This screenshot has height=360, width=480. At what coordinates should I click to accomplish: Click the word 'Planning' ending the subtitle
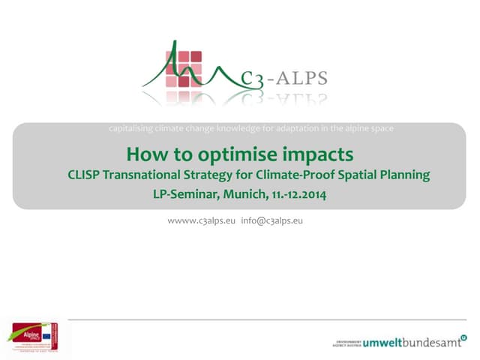coord(405,175)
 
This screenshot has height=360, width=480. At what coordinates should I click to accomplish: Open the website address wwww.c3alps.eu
coord(202,221)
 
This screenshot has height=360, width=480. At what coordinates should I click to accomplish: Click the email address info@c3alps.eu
coord(271,221)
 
